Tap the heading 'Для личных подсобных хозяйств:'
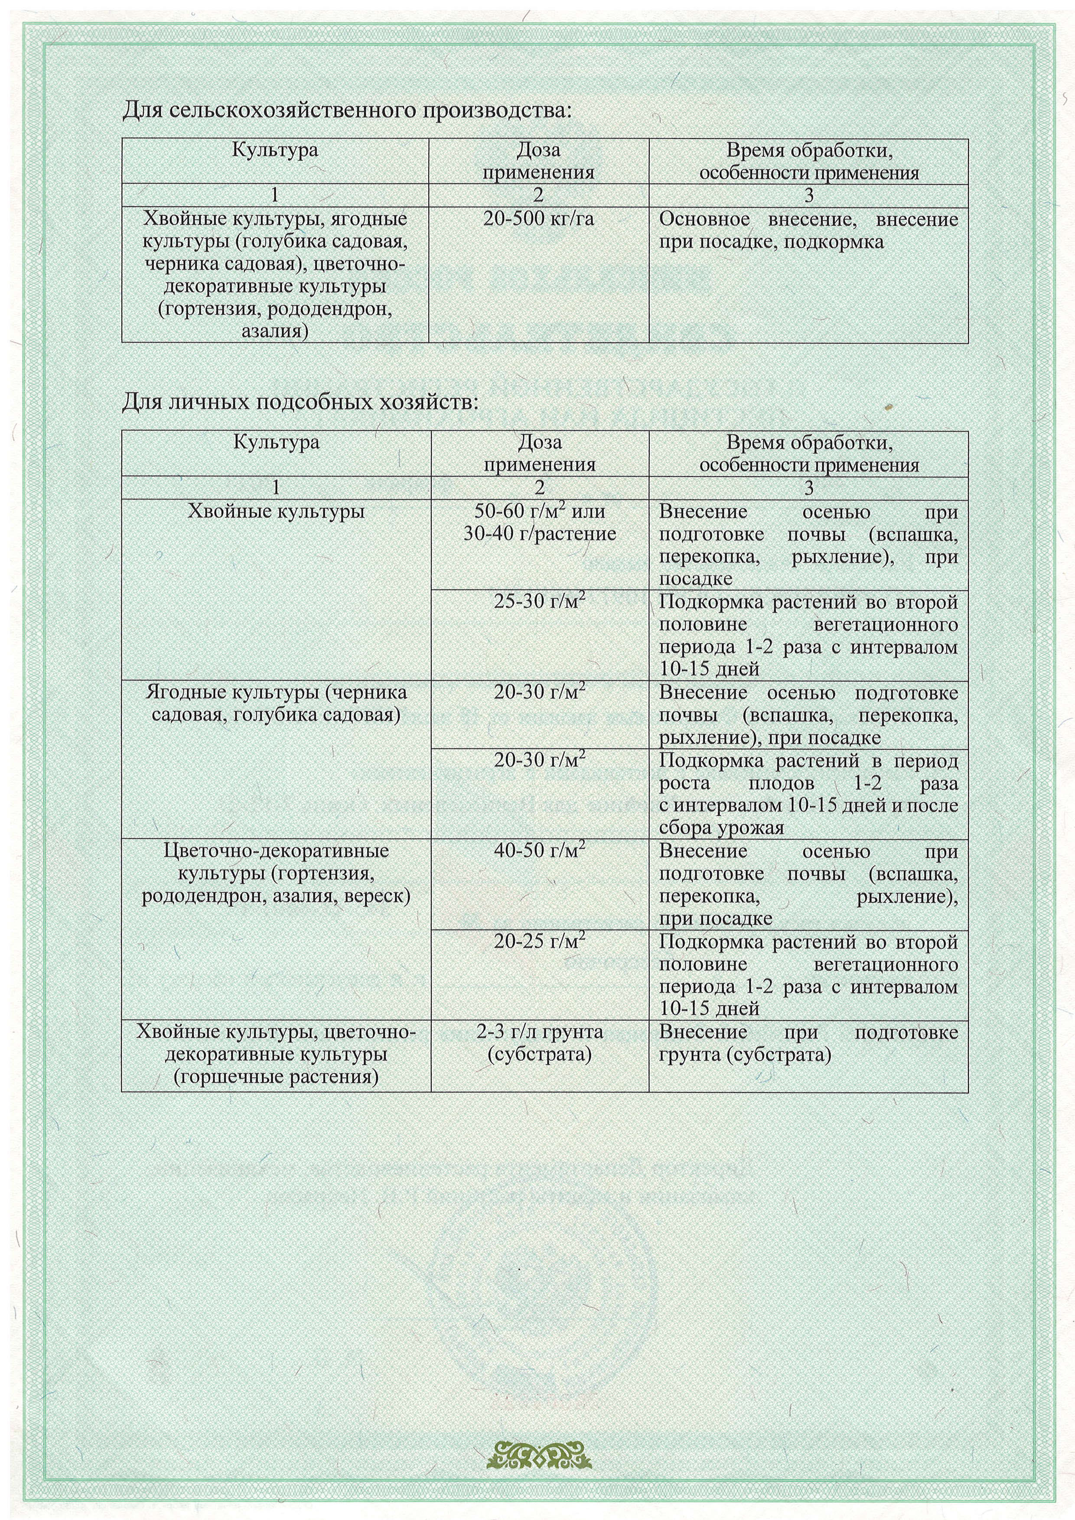(x=300, y=401)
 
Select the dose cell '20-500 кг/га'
(x=538, y=219)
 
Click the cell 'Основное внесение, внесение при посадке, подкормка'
(x=808, y=231)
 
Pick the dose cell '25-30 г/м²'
(x=539, y=602)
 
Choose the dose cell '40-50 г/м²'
(x=539, y=850)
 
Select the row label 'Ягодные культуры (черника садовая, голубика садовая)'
(x=276, y=704)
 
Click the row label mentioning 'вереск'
(x=276, y=873)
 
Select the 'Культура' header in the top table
(x=275, y=150)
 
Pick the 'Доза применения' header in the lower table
(x=539, y=454)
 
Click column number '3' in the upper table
(x=808, y=195)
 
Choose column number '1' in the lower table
(x=276, y=488)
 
